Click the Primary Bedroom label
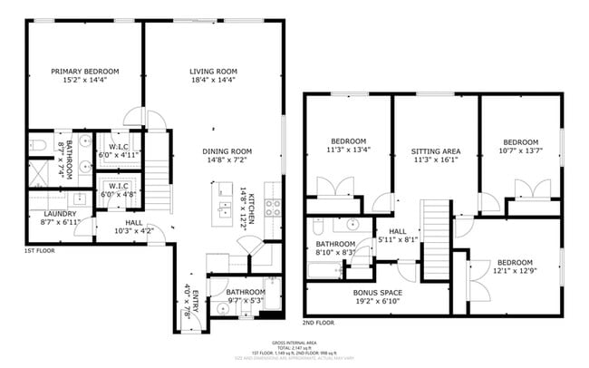[x=85, y=71]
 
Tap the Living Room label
[x=213, y=71]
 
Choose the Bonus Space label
[x=378, y=292]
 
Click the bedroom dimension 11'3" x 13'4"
[x=348, y=150]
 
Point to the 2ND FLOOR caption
[x=318, y=322]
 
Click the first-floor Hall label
[x=133, y=221]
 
